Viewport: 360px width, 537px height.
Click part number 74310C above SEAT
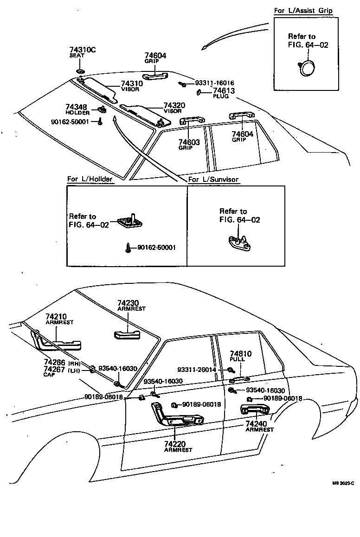coord(83,50)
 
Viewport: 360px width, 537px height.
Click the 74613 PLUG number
coord(224,91)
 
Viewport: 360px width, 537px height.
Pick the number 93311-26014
coord(197,370)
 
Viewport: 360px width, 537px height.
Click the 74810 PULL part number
coord(240,354)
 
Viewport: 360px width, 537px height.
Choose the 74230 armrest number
coord(128,302)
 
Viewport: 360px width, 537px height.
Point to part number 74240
coord(256,424)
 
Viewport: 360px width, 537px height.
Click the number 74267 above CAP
coord(54,369)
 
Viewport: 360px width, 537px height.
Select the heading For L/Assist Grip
coord(303,11)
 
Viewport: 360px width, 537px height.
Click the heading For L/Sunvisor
coord(213,179)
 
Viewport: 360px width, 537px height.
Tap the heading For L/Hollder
coord(90,179)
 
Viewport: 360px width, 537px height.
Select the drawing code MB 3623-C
coord(343,483)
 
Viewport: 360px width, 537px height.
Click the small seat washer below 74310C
coord(80,70)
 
